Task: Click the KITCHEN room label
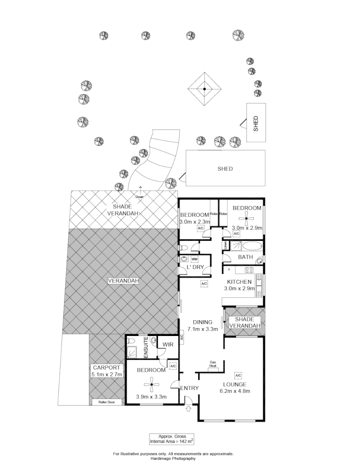[x=239, y=282]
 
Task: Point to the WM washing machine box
[x=195, y=259]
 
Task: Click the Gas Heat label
[x=213, y=364]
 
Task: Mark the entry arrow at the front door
[x=189, y=409]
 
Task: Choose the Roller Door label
[x=106, y=402]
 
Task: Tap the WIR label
[x=168, y=345]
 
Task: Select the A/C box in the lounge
[x=238, y=375]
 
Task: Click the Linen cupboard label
[x=225, y=245]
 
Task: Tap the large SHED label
[x=225, y=169]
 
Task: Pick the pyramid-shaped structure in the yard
[x=204, y=89]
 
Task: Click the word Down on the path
[x=140, y=197]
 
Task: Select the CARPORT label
[x=107, y=367]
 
